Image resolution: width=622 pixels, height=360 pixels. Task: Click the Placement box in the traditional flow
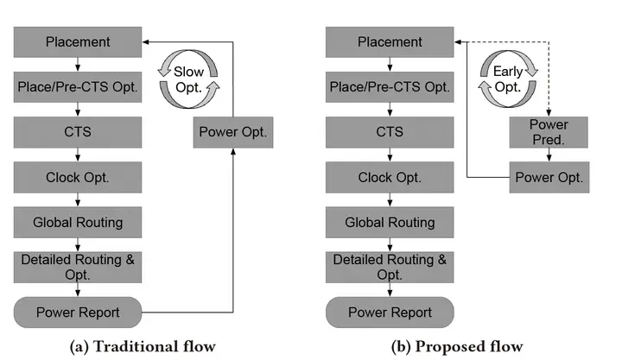pyautogui.click(x=78, y=41)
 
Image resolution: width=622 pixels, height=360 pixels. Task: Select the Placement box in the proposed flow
pyautogui.click(x=390, y=41)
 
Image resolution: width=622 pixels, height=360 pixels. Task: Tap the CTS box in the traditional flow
pyautogui.click(x=78, y=132)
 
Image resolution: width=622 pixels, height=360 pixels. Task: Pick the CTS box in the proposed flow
pyautogui.click(x=390, y=132)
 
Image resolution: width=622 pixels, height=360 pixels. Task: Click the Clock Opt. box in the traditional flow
pyautogui.click(x=78, y=177)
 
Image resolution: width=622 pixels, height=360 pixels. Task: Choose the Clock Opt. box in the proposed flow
pyautogui.click(x=390, y=177)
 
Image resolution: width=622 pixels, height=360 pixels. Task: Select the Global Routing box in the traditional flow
pyautogui.click(x=78, y=222)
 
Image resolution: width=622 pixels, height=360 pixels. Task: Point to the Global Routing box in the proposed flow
pyautogui.click(x=390, y=222)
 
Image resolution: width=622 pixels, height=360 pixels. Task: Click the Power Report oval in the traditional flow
pyautogui.click(x=78, y=313)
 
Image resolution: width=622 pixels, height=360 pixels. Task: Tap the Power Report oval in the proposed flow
pyautogui.click(x=390, y=313)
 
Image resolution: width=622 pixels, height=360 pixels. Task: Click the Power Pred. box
pyautogui.click(x=549, y=133)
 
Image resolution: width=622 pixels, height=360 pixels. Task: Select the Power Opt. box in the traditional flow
pyautogui.click(x=232, y=132)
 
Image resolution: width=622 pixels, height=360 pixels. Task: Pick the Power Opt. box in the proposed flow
pyautogui.click(x=549, y=178)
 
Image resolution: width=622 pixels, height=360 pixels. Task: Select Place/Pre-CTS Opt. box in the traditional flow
pyautogui.click(x=78, y=86)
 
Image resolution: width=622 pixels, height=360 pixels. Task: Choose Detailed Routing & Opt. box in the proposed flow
pyautogui.click(x=390, y=267)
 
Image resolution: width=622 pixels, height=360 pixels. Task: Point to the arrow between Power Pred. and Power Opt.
pyautogui.click(x=549, y=155)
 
